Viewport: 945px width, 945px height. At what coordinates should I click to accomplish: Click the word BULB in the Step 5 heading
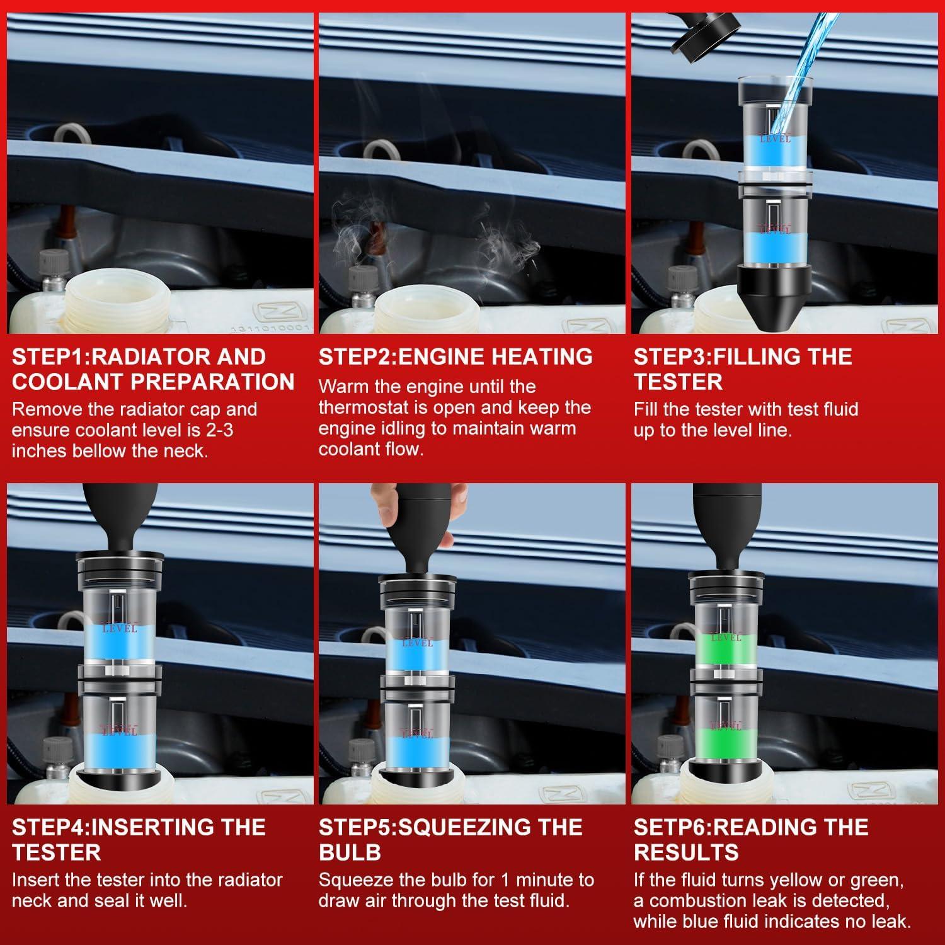point(350,852)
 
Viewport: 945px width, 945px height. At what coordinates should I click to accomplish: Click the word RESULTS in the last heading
point(686,852)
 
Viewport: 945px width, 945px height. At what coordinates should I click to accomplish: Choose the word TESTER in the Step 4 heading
point(56,852)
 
